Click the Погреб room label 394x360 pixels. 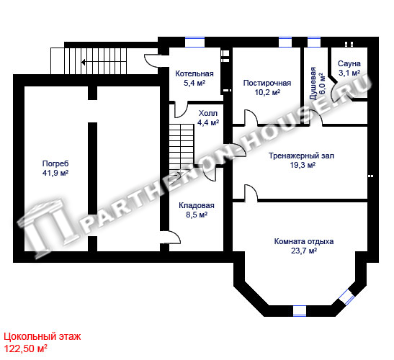55,163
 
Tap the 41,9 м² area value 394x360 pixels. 55,173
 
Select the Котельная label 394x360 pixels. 194,73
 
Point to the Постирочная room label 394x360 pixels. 267,83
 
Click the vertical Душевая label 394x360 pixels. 313,84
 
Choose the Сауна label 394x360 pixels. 349,63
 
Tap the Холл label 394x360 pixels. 208,113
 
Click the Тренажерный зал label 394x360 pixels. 302,156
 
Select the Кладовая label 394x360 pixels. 197,205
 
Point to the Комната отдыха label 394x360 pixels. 304,241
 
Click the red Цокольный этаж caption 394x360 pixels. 42,336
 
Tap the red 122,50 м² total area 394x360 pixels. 26,348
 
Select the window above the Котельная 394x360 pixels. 194,42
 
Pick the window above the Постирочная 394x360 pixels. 285,42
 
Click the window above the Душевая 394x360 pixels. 314,42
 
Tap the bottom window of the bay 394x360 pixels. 300,311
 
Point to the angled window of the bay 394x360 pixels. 346,297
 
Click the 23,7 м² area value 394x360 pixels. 304,251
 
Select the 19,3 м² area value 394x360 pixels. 303,165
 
